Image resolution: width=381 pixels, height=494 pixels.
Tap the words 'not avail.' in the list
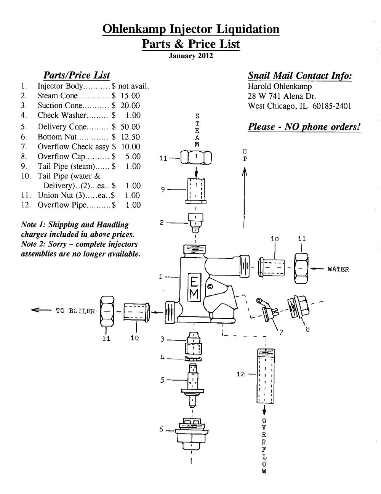(x=133, y=86)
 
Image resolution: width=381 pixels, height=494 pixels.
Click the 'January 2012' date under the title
(x=191, y=56)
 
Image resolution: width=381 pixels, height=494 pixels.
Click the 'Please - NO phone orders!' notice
(x=304, y=127)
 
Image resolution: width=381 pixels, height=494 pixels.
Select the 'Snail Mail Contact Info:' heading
(x=300, y=75)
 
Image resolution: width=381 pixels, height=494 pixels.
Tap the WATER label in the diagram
(x=338, y=269)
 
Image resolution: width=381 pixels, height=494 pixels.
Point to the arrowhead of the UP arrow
(x=245, y=172)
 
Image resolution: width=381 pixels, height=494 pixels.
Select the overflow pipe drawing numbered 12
(x=265, y=375)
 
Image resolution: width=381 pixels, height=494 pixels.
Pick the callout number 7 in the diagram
(x=281, y=332)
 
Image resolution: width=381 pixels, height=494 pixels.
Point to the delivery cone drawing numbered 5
(x=194, y=381)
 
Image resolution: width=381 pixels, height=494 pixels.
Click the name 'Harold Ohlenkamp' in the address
(x=280, y=86)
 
